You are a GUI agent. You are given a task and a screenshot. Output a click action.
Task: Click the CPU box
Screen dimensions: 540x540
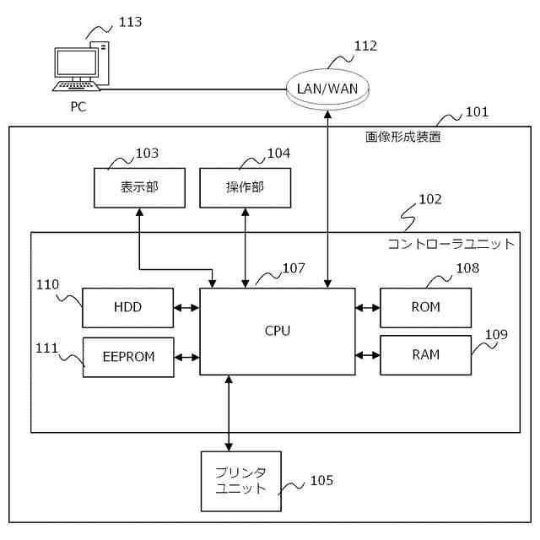tap(277, 331)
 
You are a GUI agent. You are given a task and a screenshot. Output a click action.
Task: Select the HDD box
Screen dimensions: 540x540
tap(127, 307)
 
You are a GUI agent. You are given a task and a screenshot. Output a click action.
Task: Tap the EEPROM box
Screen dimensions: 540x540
tap(128, 357)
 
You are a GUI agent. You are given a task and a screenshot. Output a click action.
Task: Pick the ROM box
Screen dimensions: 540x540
tap(425, 307)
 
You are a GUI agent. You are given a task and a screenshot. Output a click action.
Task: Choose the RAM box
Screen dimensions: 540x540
tap(425, 355)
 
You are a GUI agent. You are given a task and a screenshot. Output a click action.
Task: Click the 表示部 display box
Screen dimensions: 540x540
tap(138, 187)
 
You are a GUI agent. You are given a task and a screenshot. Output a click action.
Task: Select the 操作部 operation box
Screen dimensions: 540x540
tap(245, 187)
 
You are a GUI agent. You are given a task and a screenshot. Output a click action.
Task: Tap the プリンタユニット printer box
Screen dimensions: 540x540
tap(240, 481)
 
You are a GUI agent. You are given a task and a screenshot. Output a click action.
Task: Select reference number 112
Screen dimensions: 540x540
tap(365, 46)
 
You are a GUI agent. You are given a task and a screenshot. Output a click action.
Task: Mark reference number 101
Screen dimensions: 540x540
tap(477, 111)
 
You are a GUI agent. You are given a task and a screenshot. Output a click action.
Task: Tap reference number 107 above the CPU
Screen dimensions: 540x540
tap(294, 268)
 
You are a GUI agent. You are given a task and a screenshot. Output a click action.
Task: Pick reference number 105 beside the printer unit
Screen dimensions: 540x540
tap(321, 480)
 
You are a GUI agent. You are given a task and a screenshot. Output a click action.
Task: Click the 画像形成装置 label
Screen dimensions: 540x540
tap(402, 137)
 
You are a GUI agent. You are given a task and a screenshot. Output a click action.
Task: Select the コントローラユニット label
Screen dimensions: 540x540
tap(451, 244)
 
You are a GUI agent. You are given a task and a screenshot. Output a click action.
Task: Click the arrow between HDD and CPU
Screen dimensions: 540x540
tap(186, 307)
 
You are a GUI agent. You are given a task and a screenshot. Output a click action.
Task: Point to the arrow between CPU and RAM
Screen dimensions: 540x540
tap(368, 355)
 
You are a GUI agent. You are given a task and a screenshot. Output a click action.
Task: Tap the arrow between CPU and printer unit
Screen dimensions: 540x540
tap(229, 413)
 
